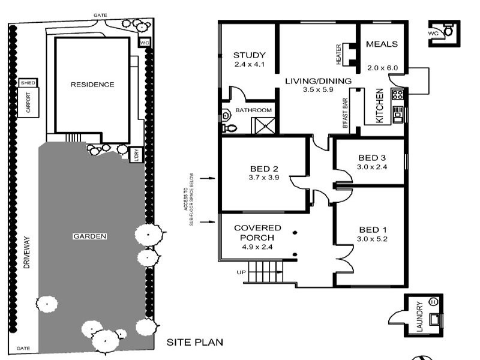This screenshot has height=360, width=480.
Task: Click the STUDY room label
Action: click(x=244, y=56)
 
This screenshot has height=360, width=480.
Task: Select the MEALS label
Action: click(x=382, y=44)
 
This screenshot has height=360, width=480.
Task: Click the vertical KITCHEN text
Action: click(x=379, y=106)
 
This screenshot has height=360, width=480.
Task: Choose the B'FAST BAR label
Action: click(x=345, y=112)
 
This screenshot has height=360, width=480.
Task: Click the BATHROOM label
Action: click(x=253, y=110)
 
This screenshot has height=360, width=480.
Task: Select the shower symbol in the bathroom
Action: click(x=265, y=125)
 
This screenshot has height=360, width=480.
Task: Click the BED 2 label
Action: click(x=262, y=169)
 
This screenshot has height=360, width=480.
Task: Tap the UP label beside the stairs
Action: click(x=241, y=272)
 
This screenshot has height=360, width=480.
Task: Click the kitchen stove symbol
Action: click(x=397, y=94)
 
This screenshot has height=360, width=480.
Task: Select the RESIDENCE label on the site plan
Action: click(x=92, y=85)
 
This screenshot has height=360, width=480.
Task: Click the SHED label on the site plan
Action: click(x=28, y=83)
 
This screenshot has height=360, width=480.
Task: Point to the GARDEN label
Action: click(x=89, y=236)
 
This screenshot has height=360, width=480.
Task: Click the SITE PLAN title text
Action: click(x=194, y=343)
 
